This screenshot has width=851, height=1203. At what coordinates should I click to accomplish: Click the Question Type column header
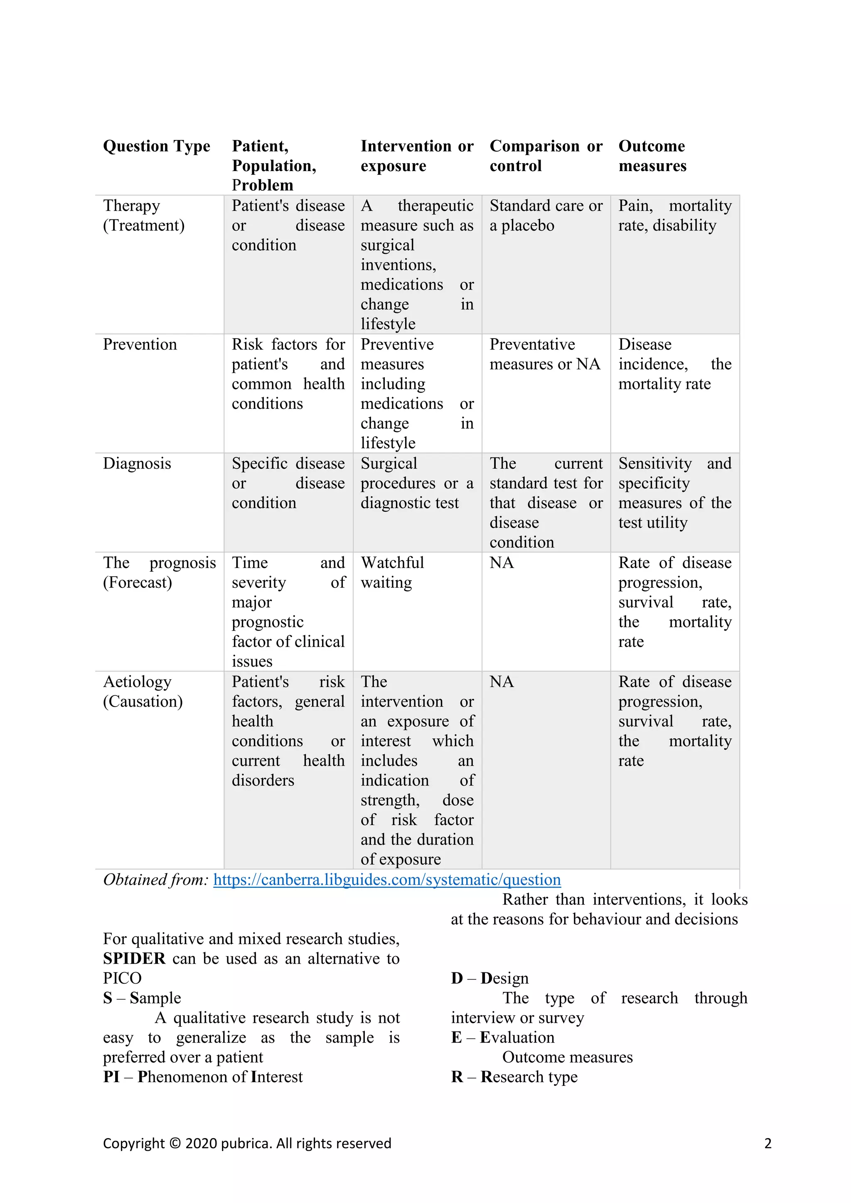156,146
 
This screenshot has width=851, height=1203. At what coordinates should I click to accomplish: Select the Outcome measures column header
652,156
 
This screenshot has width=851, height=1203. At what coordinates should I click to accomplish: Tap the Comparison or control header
546,156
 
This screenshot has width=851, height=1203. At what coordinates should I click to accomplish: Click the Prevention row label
140,344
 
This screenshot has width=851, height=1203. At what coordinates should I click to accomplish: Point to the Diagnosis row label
137,463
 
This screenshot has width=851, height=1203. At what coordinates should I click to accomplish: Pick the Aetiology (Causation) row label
143,692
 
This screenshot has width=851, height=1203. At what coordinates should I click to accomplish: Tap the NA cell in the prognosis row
502,563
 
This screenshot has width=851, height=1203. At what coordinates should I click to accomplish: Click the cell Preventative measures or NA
544,354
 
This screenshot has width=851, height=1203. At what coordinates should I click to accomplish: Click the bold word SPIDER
134,958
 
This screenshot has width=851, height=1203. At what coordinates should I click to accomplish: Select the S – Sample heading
142,998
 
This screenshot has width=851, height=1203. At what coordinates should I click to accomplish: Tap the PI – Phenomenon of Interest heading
202,1077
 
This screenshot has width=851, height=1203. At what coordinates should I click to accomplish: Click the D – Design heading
489,978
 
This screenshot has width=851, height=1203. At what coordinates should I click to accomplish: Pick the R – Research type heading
514,1077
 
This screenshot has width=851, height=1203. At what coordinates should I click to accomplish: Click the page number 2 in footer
767,1143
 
